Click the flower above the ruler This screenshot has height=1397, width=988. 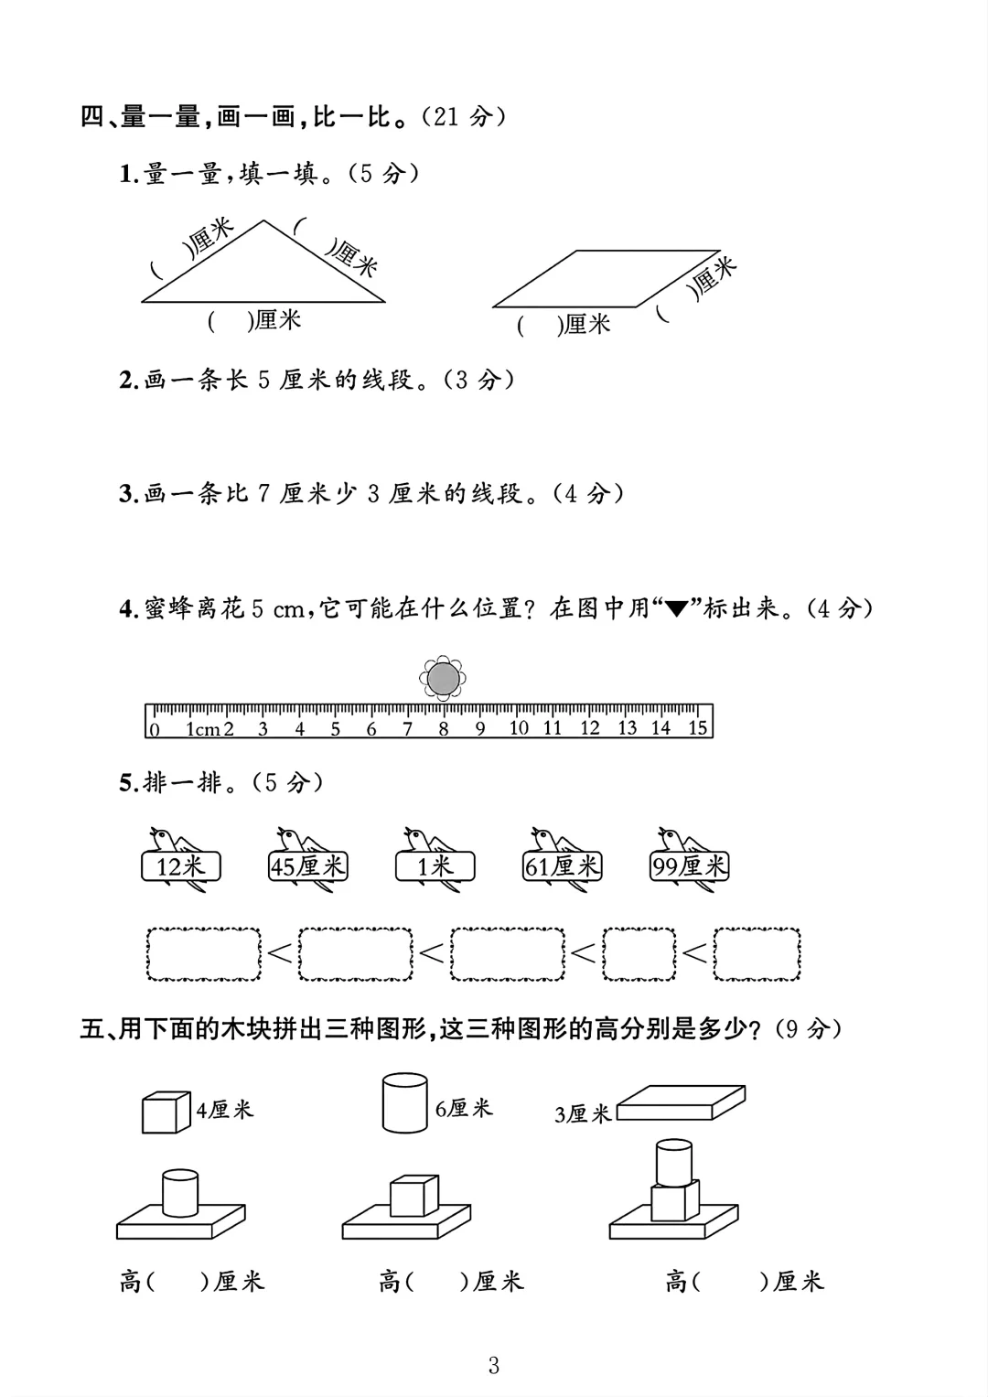coord(443,678)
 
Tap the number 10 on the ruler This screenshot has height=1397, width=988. coord(519,728)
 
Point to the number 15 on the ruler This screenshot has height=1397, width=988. coord(697,728)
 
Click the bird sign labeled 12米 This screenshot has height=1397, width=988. coord(180,865)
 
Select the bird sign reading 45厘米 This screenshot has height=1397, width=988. coord(308,865)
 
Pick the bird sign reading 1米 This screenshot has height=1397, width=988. coord(435,865)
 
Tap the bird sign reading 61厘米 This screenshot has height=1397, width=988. coord(562,865)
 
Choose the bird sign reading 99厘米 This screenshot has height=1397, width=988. coord(689,865)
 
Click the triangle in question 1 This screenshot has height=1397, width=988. coord(263,274)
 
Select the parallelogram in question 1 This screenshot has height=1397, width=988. coord(607,278)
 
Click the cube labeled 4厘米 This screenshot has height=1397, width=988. coord(165,1112)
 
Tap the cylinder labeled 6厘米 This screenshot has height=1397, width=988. coord(403,1103)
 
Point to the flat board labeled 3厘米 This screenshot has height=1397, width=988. coord(682,1101)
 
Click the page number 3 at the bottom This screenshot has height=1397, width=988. coord(494,1366)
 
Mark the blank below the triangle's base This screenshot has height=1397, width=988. coord(229,321)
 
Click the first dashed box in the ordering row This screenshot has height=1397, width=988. coord(204,954)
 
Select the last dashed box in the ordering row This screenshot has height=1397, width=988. coord(757,954)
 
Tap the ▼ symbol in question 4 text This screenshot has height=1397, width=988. coord(676,610)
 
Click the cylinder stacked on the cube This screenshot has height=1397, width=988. coord(674,1162)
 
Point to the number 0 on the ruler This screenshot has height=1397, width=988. coord(155,729)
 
